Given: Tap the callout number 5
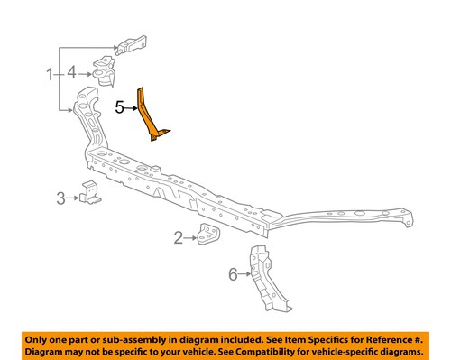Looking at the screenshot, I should (x=120, y=106).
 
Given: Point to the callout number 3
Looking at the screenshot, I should (x=60, y=197).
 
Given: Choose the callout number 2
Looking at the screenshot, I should (x=178, y=237).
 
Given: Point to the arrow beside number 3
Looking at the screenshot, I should (x=72, y=197).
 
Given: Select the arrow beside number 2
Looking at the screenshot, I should (x=190, y=237).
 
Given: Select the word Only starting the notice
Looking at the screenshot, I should (x=39, y=337).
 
